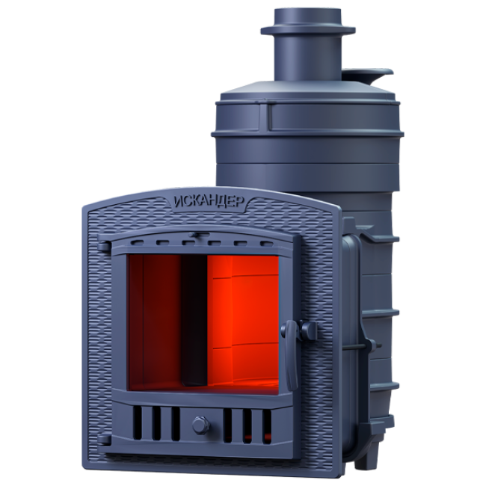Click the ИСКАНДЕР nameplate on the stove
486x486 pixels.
209,202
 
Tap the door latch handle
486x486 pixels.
290,354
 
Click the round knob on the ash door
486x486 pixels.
201,425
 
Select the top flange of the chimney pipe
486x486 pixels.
308,30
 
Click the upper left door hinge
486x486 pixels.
104,247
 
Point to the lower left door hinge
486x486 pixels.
104,440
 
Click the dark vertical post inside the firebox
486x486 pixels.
194,320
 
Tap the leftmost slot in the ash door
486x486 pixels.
138,423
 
